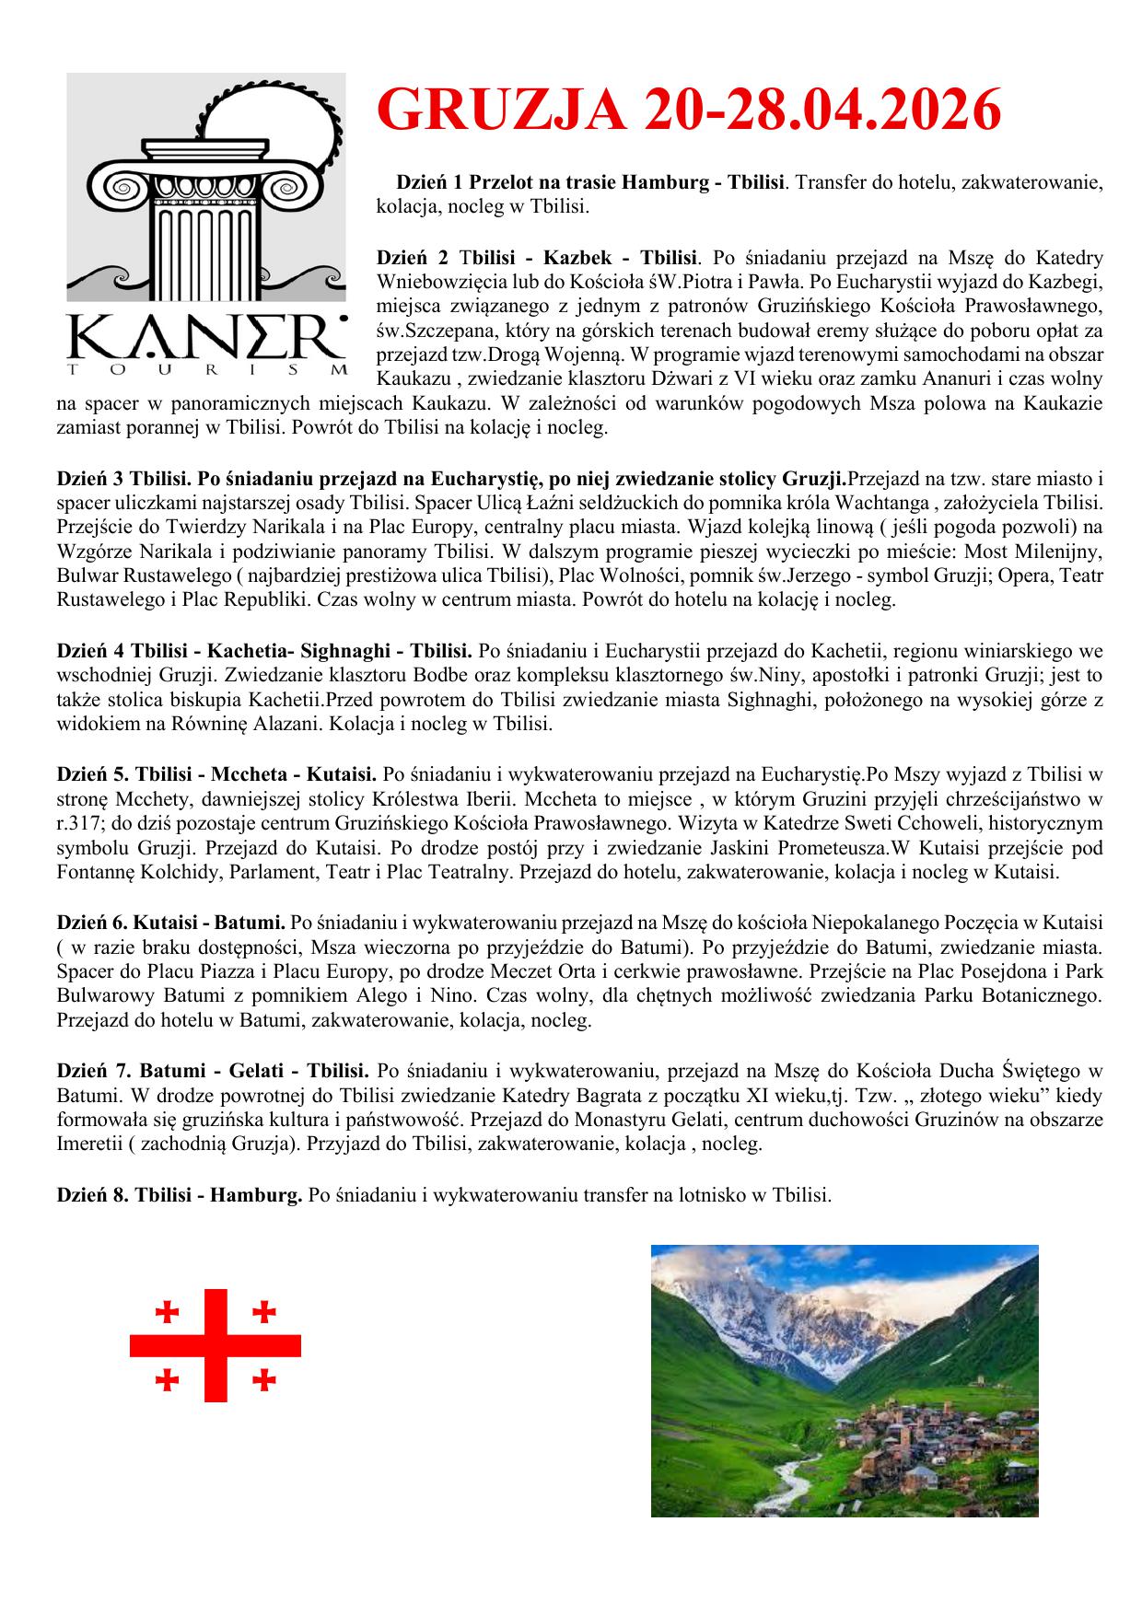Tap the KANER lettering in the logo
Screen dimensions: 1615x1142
tap(207, 340)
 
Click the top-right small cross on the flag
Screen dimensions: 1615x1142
tap(264, 1311)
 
